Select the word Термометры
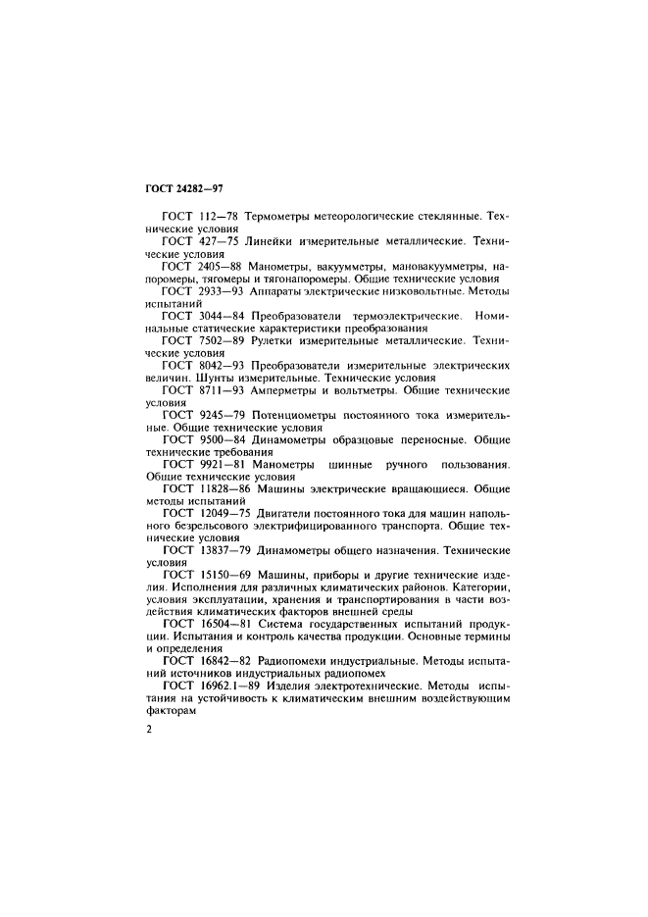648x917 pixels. coord(283,215)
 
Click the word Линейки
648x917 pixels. coord(278,239)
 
